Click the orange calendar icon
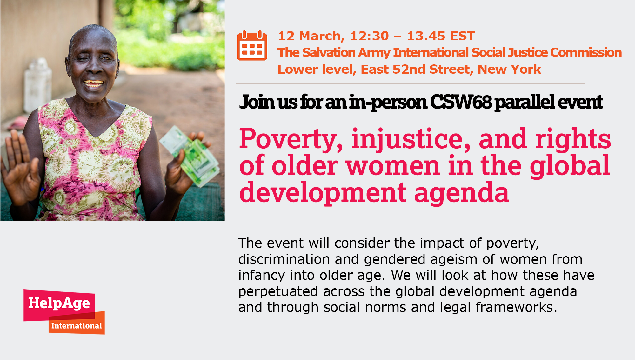coord(252,45)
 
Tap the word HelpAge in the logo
coord(59,303)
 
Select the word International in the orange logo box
coord(77,326)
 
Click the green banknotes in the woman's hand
coord(190,156)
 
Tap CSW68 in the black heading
coord(461,102)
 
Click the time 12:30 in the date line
coord(369,36)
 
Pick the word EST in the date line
coord(463,36)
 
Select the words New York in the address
coord(509,70)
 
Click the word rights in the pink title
coord(573,140)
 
